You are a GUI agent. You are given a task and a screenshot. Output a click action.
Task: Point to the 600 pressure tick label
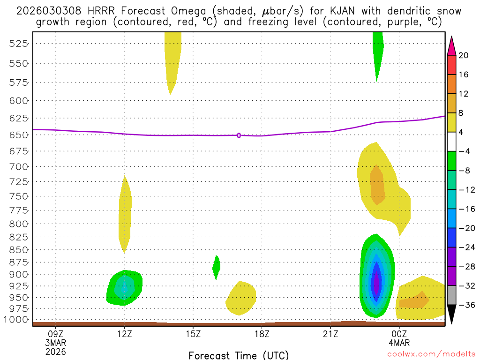19,100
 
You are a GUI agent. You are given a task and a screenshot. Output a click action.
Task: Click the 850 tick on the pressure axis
19,249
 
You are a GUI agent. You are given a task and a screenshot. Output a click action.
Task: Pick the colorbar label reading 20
464,55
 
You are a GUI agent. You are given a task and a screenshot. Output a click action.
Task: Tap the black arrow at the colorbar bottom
451,314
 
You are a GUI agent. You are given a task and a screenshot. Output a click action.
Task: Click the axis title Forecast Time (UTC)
239,355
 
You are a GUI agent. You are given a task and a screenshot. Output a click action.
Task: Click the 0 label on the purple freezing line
239,135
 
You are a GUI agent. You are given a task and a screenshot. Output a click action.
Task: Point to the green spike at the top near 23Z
378,52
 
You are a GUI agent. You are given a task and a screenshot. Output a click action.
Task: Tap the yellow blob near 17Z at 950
241,298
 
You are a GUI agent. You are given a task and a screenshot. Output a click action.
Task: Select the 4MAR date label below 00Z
399,343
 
